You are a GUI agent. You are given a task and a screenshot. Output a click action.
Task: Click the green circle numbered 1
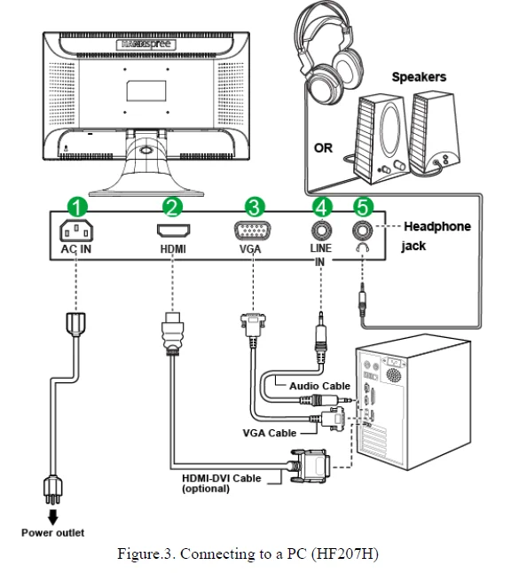[x=77, y=208]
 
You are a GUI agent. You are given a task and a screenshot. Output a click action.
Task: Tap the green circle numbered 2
[x=172, y=208]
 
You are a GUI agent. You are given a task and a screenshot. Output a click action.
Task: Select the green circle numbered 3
[x=255, y=208]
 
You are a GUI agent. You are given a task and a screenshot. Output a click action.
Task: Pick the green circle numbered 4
[x=322, y=208]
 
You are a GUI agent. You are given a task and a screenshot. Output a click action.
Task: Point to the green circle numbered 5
[x=363, y=208]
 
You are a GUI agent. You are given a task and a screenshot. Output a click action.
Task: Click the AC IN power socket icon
[x=76, y=231]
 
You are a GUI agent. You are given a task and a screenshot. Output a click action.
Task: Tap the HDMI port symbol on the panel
[x=173, y=231]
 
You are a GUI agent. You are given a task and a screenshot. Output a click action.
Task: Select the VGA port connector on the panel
[x=252, y=231]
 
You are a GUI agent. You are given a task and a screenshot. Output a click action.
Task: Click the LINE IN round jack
[x=321, y=231]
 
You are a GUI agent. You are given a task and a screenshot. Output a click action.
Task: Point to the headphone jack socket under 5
[x=363, y=231]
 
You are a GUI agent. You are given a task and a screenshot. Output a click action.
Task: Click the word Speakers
[x=419, y=77]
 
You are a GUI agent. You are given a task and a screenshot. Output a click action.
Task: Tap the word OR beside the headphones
[x=323, y=148]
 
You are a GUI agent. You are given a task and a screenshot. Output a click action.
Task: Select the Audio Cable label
[x=320, y=386]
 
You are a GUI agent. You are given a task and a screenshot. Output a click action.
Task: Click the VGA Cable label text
[x=270, y=433]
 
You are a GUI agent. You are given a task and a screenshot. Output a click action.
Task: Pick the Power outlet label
[x=52, y=533]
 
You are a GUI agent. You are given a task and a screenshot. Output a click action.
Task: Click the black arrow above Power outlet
[x=53, y=517]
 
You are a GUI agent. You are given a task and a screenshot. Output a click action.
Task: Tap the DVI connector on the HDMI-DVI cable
[x=311, y=466]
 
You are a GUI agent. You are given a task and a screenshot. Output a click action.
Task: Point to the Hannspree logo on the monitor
[x=146, y=44]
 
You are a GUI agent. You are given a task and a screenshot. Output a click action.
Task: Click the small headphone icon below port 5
[x=362, y=247]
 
